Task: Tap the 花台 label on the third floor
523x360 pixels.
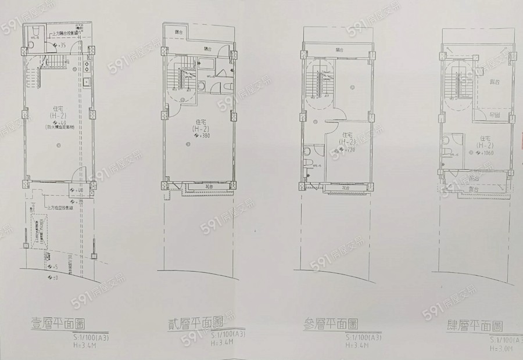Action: point(345,188)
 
